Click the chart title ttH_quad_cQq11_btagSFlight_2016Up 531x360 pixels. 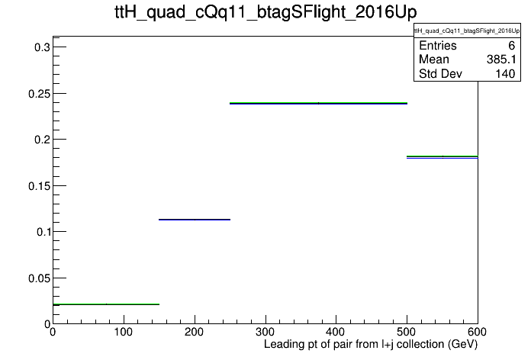coord(265,12)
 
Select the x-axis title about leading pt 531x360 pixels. coord(371,345)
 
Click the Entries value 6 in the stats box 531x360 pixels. coord(511,45)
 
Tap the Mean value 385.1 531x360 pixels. coord(501,59)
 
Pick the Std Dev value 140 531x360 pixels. coord(505,73)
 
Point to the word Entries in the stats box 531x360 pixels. coord(437,45)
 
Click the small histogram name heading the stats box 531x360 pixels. coord(467,31)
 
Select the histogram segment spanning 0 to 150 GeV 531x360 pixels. coord(106,304)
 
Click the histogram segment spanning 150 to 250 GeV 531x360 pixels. coord(195,220)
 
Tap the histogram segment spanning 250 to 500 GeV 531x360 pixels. coord(318,103)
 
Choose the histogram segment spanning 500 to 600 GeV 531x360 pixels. coord(443,157)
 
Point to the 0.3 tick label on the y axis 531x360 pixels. coord(42,47)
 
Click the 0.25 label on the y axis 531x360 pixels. coord(39,94)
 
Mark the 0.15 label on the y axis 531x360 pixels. coord(39,186)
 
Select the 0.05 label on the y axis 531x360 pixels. coord(39,278)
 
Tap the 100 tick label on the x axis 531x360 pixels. coord(124,332)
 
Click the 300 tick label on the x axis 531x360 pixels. coord(265,332)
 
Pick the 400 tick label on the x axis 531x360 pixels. coord(336,332)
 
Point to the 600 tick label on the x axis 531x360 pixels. coord(477,332)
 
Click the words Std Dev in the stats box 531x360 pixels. coord(440,73)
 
